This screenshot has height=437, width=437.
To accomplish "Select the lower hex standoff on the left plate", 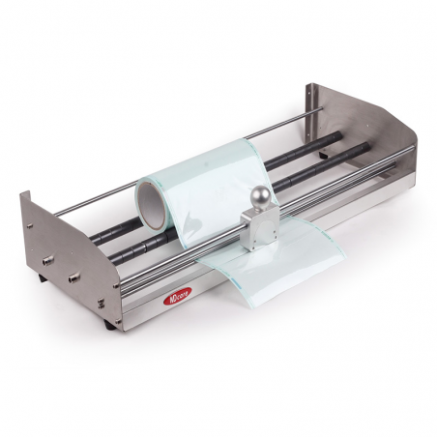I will pos(73,277).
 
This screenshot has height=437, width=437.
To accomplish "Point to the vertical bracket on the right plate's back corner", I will pos(310,97).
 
